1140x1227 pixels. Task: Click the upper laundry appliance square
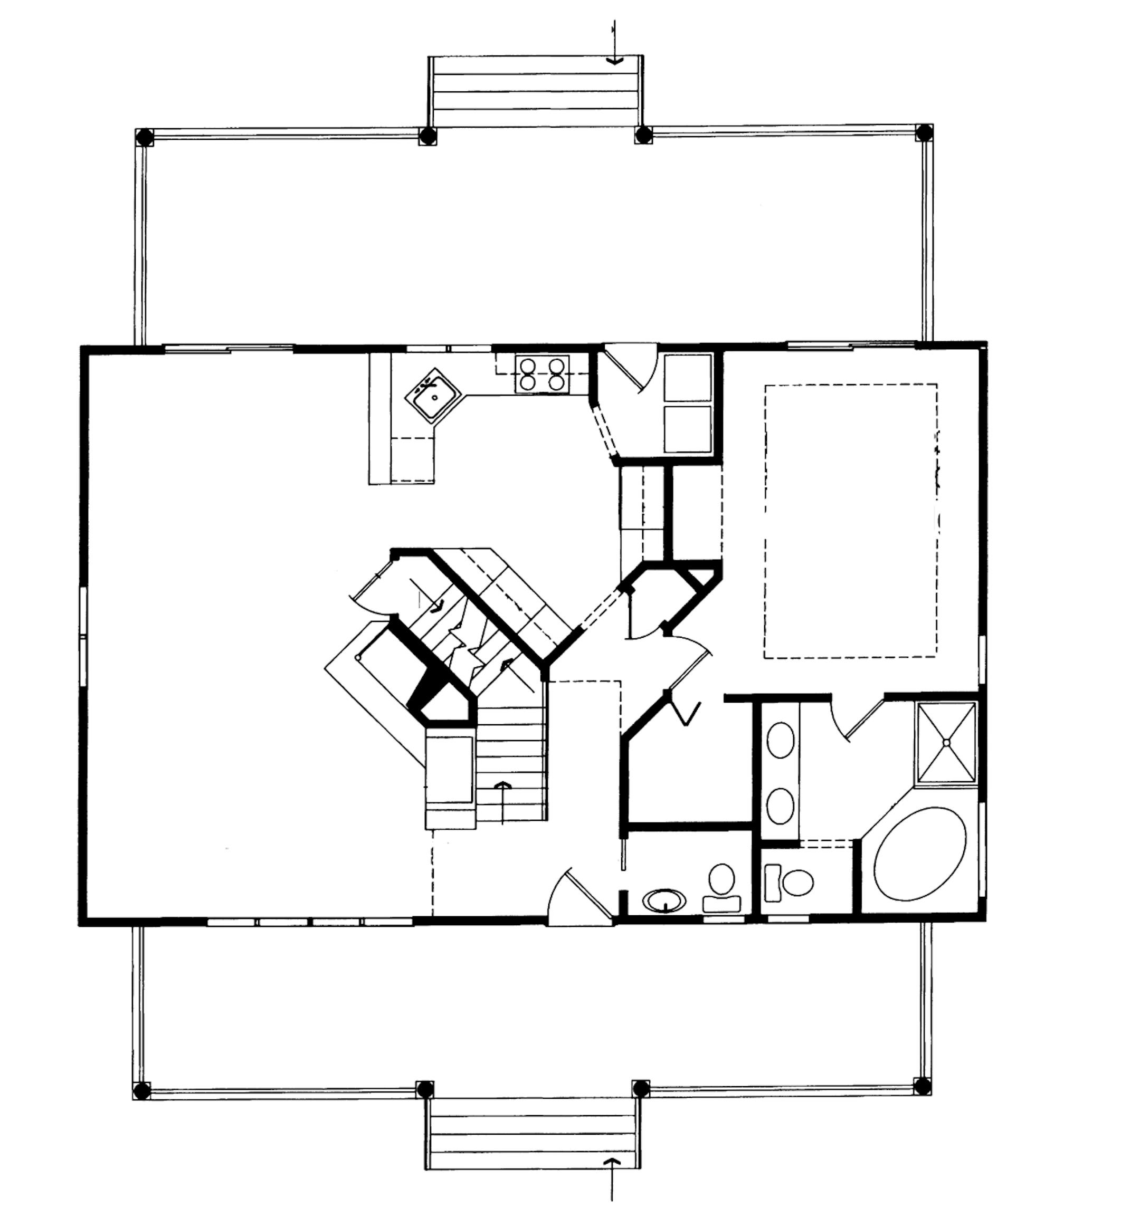(687, 377)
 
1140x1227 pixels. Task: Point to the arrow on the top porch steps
(614, 60)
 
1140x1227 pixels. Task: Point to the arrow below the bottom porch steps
(611, 1162)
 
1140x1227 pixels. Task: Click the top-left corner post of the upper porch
(144, 136)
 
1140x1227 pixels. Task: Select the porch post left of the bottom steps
(425, 1089)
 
